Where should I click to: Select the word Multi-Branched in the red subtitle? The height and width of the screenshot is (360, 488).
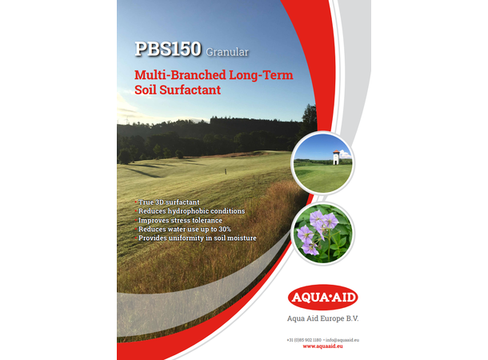coord(171,75)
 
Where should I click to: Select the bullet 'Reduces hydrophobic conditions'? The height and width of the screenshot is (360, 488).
coord(191,211)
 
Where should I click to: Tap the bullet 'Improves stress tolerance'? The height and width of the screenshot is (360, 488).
coord(180,220)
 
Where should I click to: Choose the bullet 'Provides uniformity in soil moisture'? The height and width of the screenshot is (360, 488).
coord(196,238)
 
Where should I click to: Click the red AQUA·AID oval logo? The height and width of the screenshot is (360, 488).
coord(322,298)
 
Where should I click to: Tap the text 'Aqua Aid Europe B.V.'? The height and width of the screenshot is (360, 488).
coord(322,318)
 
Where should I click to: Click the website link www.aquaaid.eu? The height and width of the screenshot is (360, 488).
coord(322,346)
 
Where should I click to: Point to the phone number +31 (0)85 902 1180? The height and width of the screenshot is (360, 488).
coord(304,339)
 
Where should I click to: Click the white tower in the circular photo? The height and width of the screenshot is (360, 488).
coord(336,158)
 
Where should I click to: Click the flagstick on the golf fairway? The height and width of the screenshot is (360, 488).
coord(225,170)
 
